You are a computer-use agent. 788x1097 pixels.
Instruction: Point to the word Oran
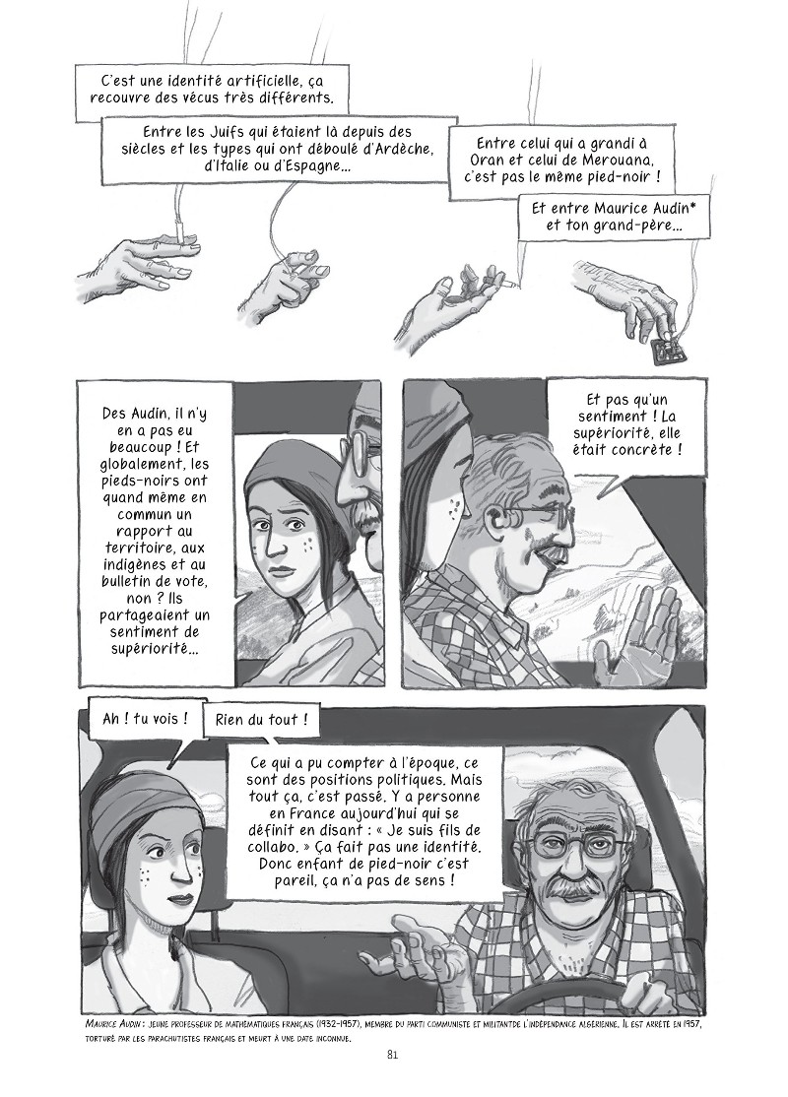pos(501,161)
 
